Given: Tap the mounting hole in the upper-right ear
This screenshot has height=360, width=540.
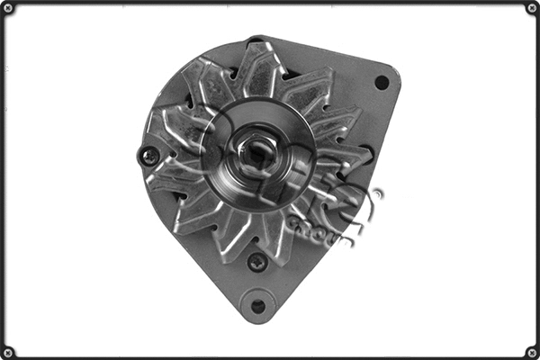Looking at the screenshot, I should (382, 82).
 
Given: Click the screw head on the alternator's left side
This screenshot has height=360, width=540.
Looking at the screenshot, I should (150, 156).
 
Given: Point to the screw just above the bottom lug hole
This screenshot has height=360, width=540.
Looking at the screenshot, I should (257, 262).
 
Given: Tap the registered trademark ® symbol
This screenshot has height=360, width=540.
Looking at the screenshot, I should (377, 193).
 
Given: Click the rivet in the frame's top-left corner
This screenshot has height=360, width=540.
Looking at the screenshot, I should (8, 8).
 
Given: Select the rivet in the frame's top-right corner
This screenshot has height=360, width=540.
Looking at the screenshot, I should (531, 8).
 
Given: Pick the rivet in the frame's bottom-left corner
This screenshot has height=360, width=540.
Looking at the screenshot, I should (8, 351).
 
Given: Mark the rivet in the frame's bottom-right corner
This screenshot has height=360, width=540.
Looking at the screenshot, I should (531, 351).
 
